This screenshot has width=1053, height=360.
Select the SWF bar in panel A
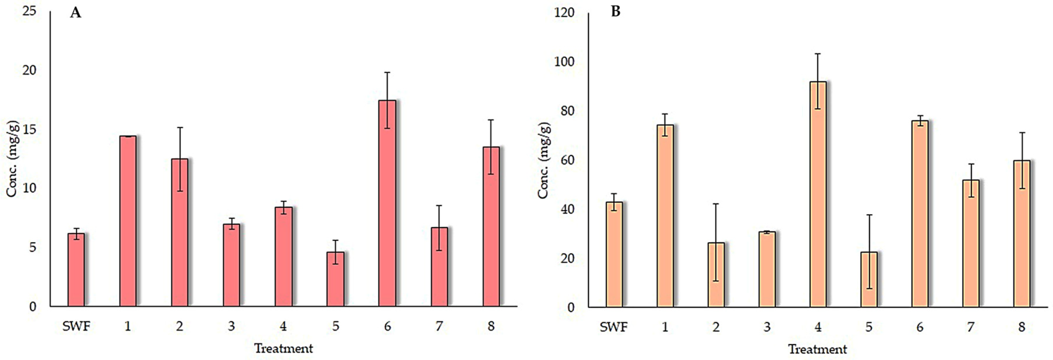pyautogui.click(x=76, y=270)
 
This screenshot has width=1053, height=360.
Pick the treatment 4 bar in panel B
pyautogui.click(x=818, y=194)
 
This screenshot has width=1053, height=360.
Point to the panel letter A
pyautogui.click(x=76, y=13)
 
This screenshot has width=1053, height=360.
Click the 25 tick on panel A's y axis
pyautogui.click(x=29, y=11)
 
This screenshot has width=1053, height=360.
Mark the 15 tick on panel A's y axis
pyautogui.click(x=29, y=129)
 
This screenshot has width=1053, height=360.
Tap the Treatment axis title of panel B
pyautogui.click(x=818, y=349)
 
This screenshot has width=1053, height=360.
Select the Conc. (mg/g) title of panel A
pyautogui.click(x=12, y=158)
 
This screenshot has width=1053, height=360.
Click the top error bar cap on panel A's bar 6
pyautogui.click(x=387, y=72)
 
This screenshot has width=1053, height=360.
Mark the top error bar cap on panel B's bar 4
pyautogui.click(x=818, y=54)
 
